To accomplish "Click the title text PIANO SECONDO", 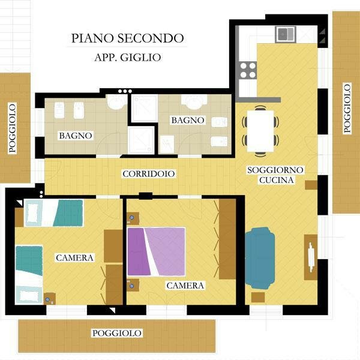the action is click(x=127, y=38).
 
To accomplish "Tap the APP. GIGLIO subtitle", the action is click(x=128, y=58).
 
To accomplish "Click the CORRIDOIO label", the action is click(x=149, y=174).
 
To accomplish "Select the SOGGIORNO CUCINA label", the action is click(x=275, y=175).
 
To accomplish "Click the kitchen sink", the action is click(x=286, y=34).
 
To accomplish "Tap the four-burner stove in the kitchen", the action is click(x=248, y=70).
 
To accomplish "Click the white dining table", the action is click(x=260, y=131).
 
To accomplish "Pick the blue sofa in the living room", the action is click(x=260, y=258).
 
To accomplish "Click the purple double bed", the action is click(x=156, y=251).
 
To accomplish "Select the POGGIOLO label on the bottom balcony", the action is click(x=116, y=333).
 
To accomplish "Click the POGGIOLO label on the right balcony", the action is click(x=347, y=108).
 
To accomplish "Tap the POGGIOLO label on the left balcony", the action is click(x=13, y=128).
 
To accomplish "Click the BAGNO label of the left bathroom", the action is click(x=76, y=136).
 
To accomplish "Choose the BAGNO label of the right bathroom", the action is click(x=188, y=121).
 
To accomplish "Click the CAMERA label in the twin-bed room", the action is click(x=74, y=258).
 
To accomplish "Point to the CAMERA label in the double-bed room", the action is click(x=185, y=286).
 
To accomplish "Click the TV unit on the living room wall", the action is click(x=311, y=257).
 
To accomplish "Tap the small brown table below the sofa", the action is click(x=258, y=298).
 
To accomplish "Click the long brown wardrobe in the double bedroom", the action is click(x=227, y=239).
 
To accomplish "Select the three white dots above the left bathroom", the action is click(x=125, y=91).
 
